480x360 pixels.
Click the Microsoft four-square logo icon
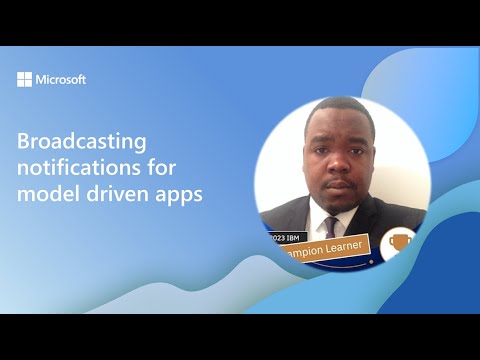point(24,79)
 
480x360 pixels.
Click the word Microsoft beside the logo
point(60,79)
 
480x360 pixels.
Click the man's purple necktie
point(329,225)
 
